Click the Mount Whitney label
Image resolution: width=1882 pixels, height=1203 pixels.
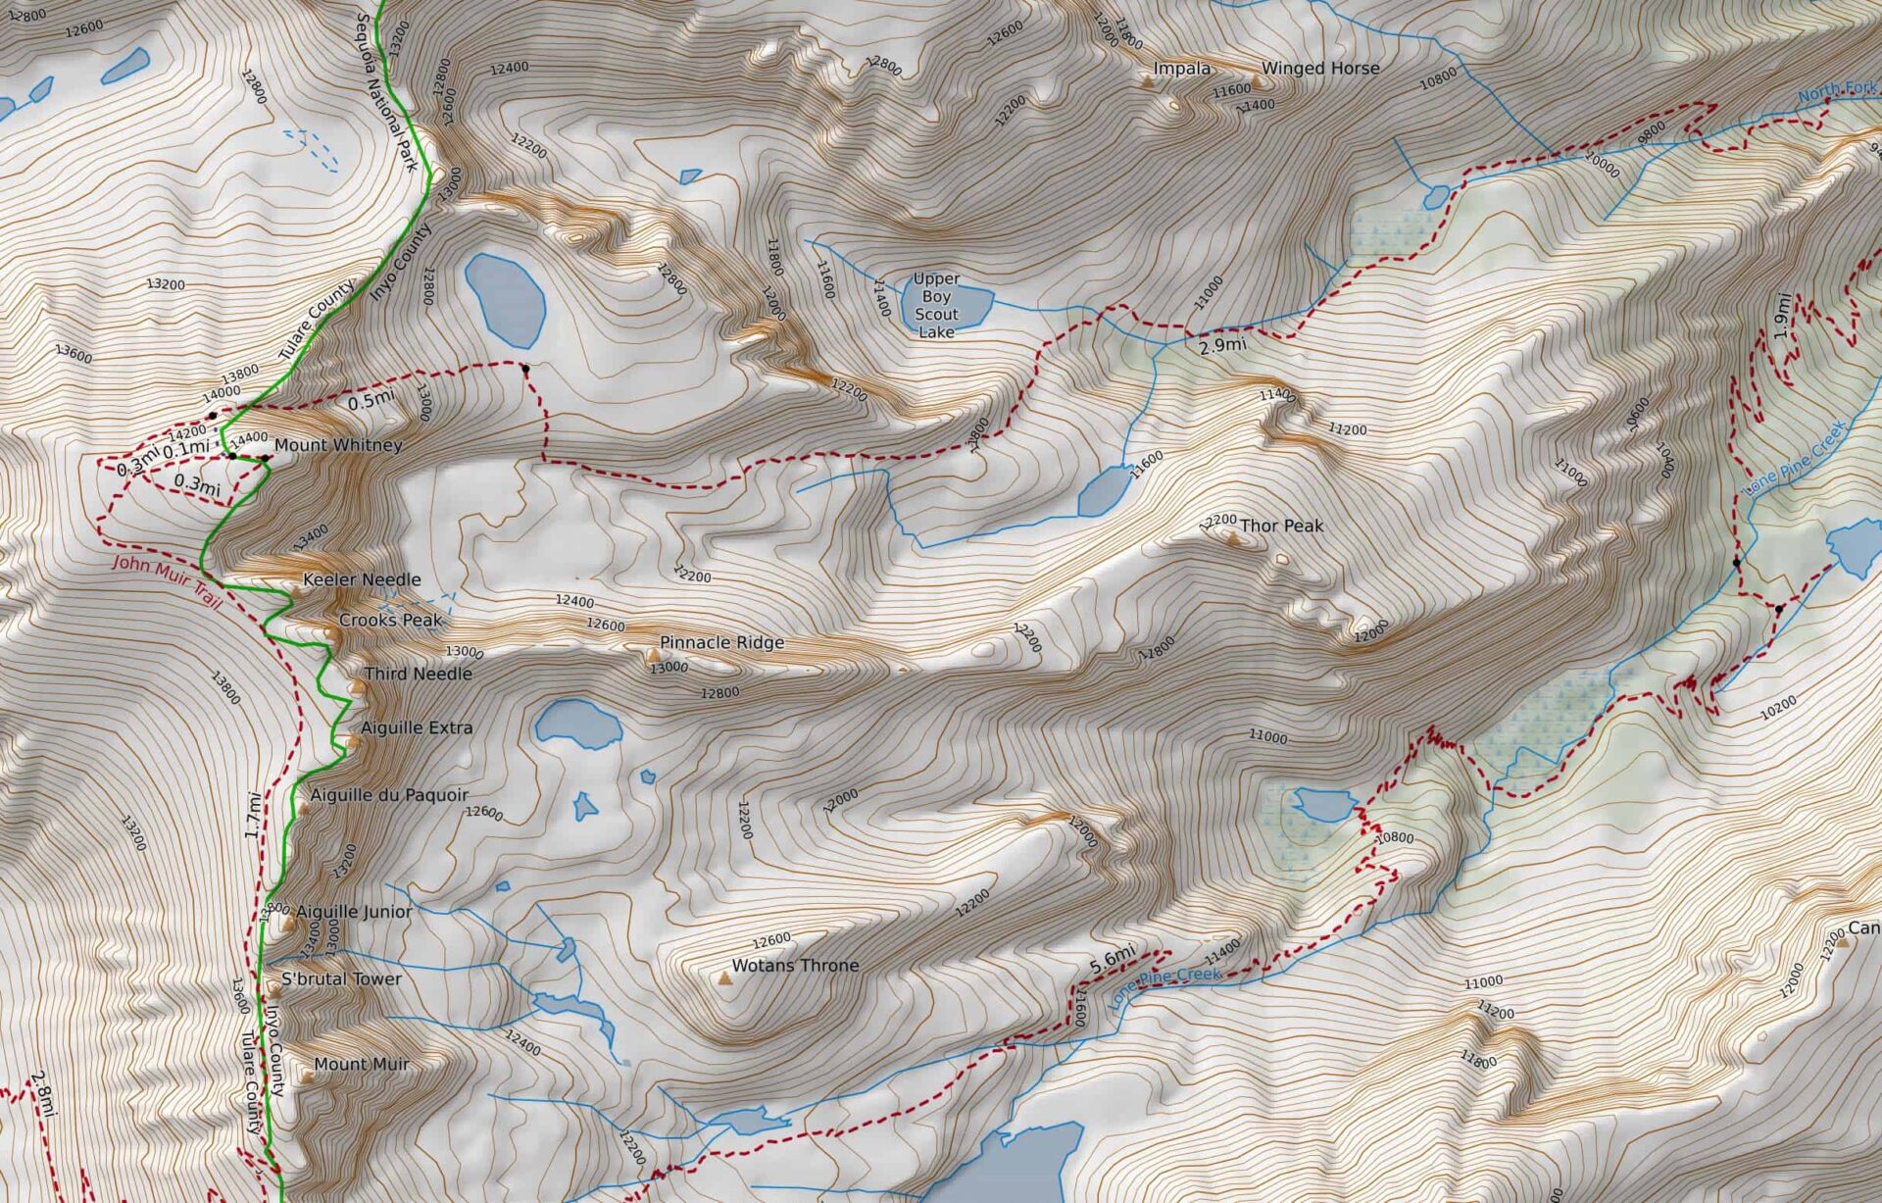337,445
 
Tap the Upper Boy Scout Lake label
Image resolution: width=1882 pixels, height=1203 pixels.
936,305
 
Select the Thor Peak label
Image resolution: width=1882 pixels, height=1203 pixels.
1281,526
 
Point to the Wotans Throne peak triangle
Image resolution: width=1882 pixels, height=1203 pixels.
725,978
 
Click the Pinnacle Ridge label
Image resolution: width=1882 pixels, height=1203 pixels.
721,642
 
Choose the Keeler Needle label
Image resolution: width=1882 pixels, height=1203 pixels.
362,579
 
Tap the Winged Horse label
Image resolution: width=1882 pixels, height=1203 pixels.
1319,69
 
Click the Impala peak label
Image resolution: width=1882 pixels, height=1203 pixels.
1181,69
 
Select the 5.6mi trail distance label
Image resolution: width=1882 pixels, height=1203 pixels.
1112,960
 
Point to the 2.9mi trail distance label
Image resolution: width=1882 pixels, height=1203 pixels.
1222,345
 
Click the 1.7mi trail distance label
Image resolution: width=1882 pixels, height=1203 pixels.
253,816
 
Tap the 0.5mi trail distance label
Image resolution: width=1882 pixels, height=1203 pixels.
371,400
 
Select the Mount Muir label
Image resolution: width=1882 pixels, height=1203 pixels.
361,1064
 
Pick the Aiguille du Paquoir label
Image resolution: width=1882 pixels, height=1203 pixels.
389,795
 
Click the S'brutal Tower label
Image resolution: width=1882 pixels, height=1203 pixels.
341,978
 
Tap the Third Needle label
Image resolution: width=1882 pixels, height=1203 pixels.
418,674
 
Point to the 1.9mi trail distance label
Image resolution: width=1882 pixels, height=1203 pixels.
1783,317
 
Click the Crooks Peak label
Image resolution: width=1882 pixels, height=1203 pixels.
390,620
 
